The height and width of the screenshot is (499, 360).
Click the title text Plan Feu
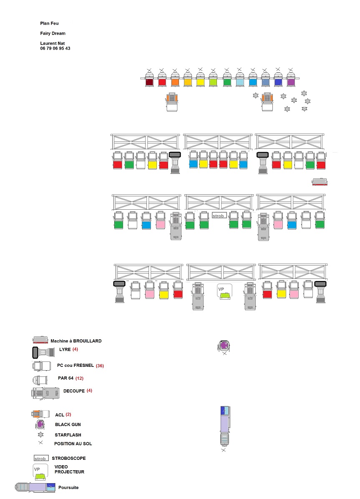pos(49,23)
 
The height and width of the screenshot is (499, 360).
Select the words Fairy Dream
pos(53,33)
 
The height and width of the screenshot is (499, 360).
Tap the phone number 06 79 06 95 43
pos(55,48)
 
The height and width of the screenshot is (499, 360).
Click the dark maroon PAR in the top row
pos(149,79)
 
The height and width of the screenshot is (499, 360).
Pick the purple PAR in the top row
pos(291,79)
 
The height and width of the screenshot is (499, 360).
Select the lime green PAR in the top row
pos(213,79)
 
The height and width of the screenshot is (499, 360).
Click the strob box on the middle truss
pos(219,216)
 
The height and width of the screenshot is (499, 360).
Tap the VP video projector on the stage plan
pos(224,291)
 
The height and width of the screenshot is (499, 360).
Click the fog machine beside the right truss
pos(320,182)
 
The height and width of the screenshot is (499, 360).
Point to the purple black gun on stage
pos(224,346)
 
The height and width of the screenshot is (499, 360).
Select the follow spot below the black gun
pos(224,426)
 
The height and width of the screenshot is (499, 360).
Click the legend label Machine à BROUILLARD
pos(76,341)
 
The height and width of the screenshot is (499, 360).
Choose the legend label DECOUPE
pos(74,391)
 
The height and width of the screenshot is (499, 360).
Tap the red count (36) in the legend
pos(100,366)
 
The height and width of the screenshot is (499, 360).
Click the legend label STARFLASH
pos(68,435)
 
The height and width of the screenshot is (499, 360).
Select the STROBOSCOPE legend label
pos(69,458)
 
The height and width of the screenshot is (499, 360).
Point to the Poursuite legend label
pos(68,488)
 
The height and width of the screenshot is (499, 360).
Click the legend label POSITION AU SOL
pos(73,444)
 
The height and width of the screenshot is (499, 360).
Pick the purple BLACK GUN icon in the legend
pos(40,424)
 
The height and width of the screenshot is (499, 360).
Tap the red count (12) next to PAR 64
pos(79,379)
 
